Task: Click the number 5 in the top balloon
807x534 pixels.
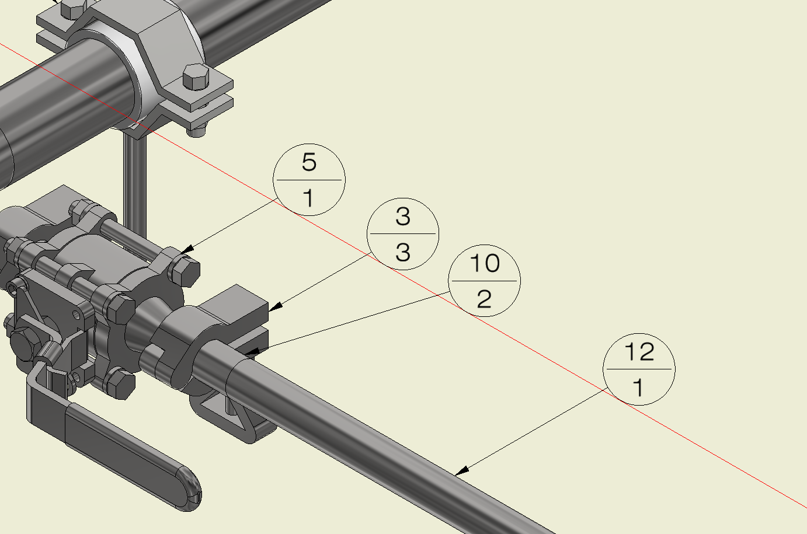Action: click(x=309, y=162)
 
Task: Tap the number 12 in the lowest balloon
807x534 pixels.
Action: click(x=639, y=351)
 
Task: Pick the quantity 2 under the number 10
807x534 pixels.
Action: click(x=484, y=299)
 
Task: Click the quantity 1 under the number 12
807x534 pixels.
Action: click(x=638, y=388)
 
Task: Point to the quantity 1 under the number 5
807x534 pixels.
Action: click(x=308, y=198)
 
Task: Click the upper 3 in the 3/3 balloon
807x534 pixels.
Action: click(x=403, y=217)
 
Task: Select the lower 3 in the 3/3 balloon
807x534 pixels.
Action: click(x=403, y=252)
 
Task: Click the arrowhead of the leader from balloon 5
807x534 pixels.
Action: click(x=187, y=249)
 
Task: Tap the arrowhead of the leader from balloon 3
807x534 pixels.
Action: click(x=275, y=307)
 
